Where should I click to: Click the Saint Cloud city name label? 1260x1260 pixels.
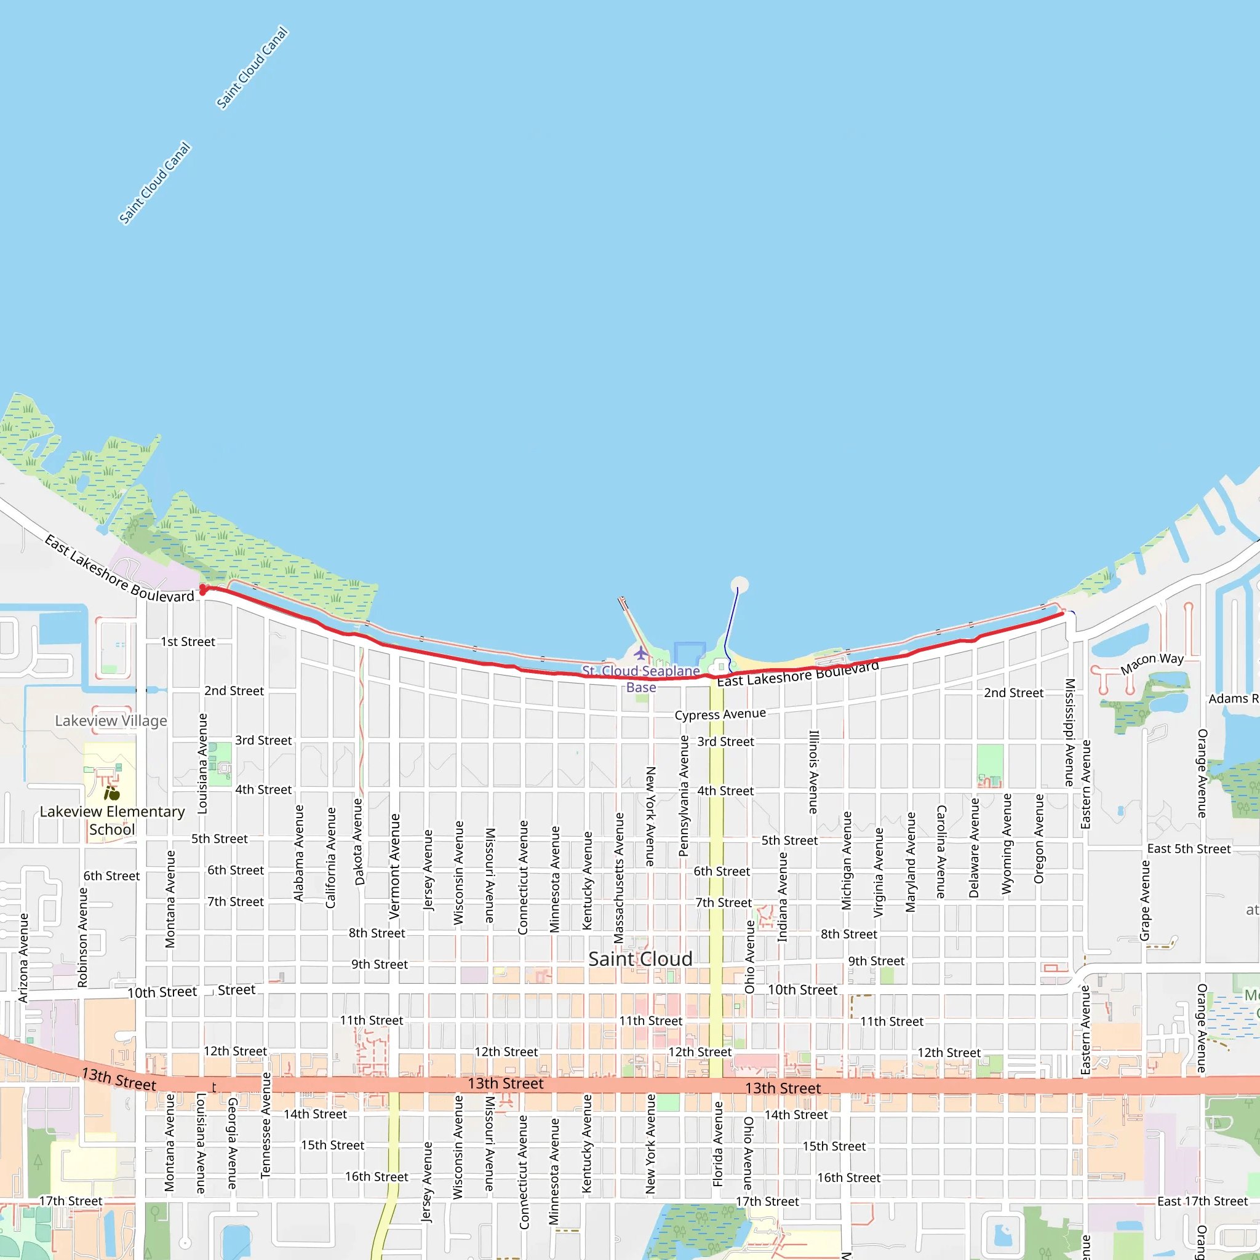[x=640, y=959]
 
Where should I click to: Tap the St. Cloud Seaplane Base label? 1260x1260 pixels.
[x=640, y=678]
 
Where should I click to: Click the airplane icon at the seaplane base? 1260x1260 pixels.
[x=641, y=653]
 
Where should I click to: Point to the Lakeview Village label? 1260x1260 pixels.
[x=111, y=720]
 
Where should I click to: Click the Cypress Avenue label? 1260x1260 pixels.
[x=720, y=714]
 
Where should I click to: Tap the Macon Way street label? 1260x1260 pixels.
[x=1152, y=663]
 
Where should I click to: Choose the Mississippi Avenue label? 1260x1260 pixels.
[x=1069, y=732]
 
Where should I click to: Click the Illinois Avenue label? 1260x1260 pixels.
[x=813, y=772]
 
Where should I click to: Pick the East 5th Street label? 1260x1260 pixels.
[x=1189, y=848]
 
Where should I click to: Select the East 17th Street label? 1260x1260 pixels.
[x=1202, y=1201]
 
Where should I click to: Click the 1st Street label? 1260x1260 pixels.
[x=188, y=642]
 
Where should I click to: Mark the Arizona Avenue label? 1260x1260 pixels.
[x=23, y=957]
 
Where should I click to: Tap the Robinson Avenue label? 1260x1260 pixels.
[x=82, y=937]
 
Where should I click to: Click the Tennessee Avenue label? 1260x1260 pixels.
[x=265, y=1125]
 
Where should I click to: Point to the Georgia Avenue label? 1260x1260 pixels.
[x=232, y=1142]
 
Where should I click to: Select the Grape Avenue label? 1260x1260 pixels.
[x=1145, y=900]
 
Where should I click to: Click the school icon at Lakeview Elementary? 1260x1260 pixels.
[x=112, y=793]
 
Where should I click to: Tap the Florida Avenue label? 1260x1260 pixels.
[x=718, y=1144]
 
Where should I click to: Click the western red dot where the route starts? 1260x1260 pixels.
[x=204, y=589]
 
